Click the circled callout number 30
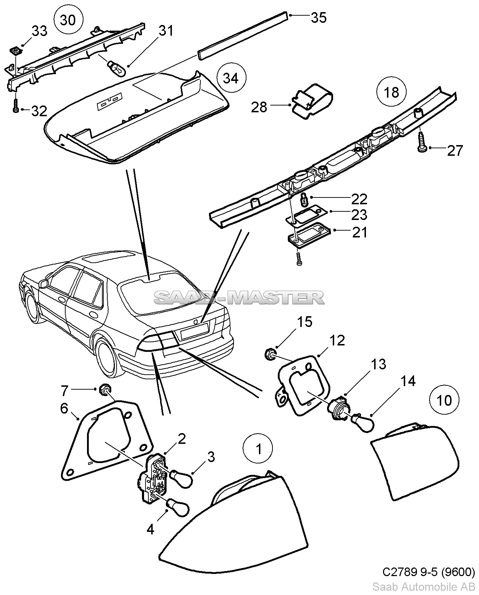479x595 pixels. click(x=68, y=20)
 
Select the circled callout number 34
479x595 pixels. click(x=231, y=78)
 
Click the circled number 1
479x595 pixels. click(x=258, y=449)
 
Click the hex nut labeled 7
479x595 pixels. click(x=104, y=389)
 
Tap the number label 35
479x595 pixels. click(x=319, y=17)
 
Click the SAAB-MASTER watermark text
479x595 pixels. click(x=239, y=298)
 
